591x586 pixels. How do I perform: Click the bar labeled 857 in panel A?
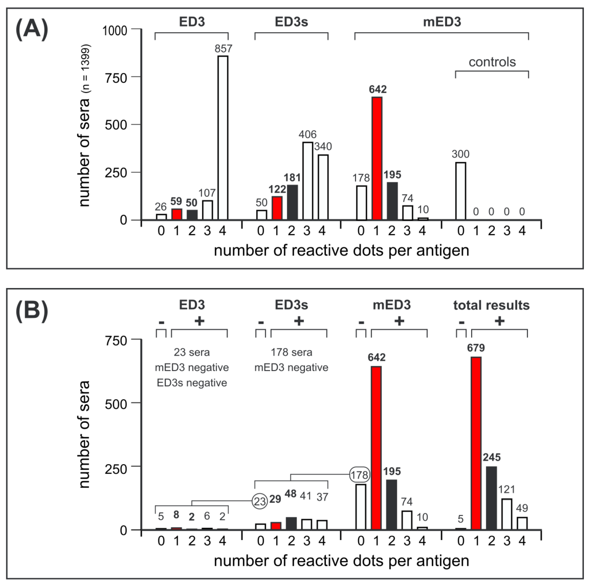coord(223,138)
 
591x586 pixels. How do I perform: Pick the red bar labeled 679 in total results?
coord(476,443)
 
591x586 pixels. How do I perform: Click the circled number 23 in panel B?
coord(260,502)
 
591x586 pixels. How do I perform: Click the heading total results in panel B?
coord(491,305)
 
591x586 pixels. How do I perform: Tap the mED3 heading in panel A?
coord(442,22)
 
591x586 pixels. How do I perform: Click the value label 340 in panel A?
coord(323,147)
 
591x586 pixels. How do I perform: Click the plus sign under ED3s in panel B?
coord(299,321)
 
